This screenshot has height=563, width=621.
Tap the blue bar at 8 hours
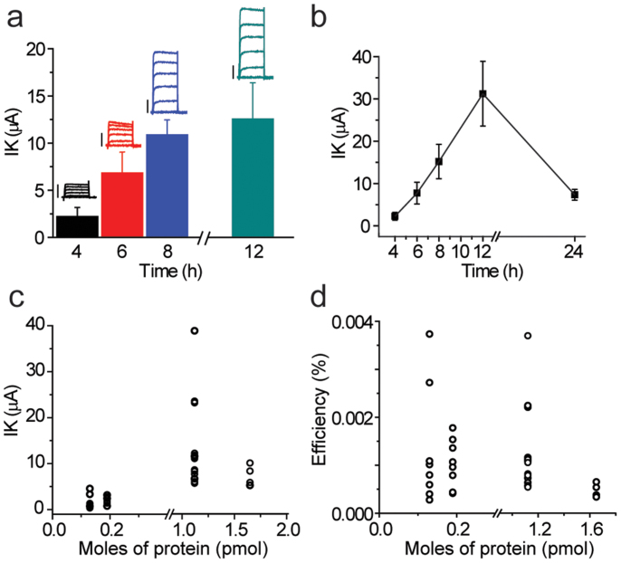167,186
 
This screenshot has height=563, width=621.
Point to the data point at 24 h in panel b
599,195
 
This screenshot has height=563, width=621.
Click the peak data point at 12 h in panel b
482,93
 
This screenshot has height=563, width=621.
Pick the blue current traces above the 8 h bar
168,81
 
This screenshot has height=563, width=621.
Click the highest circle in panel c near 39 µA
194,330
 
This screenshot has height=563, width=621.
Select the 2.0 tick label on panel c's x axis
286,529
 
